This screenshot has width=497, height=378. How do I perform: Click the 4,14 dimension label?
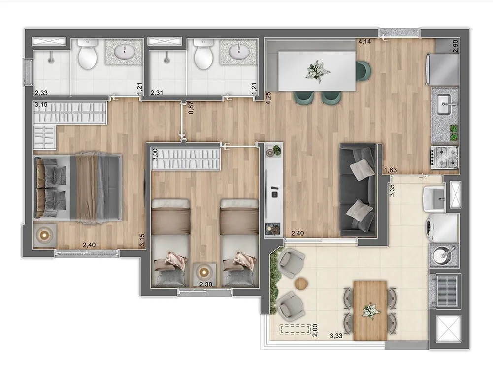coord(364,41)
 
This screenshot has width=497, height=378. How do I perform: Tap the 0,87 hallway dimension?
coord(191,108)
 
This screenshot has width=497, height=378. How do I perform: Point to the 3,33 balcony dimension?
coord(336,336)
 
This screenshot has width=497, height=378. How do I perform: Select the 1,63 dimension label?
coord(390,170)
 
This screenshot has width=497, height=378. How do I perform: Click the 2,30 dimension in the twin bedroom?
coord(206,284)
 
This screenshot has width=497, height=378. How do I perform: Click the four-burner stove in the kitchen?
coord(444,157)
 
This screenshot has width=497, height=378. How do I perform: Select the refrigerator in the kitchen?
coord(442,69)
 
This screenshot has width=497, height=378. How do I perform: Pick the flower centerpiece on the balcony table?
coord(370,310)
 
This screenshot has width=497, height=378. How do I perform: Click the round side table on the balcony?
coord(301,283)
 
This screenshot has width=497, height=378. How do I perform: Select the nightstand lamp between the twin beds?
coord(204,271)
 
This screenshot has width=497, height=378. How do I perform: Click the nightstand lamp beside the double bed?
coord(44,235)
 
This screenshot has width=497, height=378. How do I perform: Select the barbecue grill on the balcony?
coord(444,289)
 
